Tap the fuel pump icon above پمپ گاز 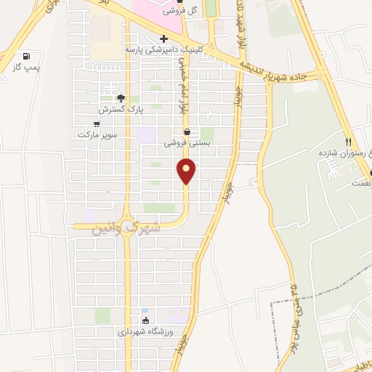(x=27, y=56)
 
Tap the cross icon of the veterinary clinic (x=164, y=39)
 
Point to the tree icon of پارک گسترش (x=121, y=97)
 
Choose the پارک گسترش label (x=118, y=109)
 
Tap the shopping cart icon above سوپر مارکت (x=97, y=124)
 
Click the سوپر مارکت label (x=97, y=135)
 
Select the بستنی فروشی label (x=187, y=143)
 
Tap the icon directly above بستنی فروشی (x=188, y=132)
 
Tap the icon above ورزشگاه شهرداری (x=145, y=320)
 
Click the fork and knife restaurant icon (x=349, y=142)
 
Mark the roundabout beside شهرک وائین (x=128, y=226)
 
